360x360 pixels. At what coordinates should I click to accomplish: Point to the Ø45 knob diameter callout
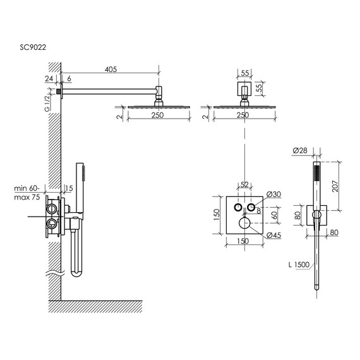click(x=273, y=236)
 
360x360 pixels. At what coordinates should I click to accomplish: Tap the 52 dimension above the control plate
click(x=244, y=184)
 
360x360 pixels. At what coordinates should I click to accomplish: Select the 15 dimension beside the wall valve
click(x=68, y=188)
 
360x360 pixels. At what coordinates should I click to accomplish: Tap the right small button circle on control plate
click(x=251, y=208)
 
